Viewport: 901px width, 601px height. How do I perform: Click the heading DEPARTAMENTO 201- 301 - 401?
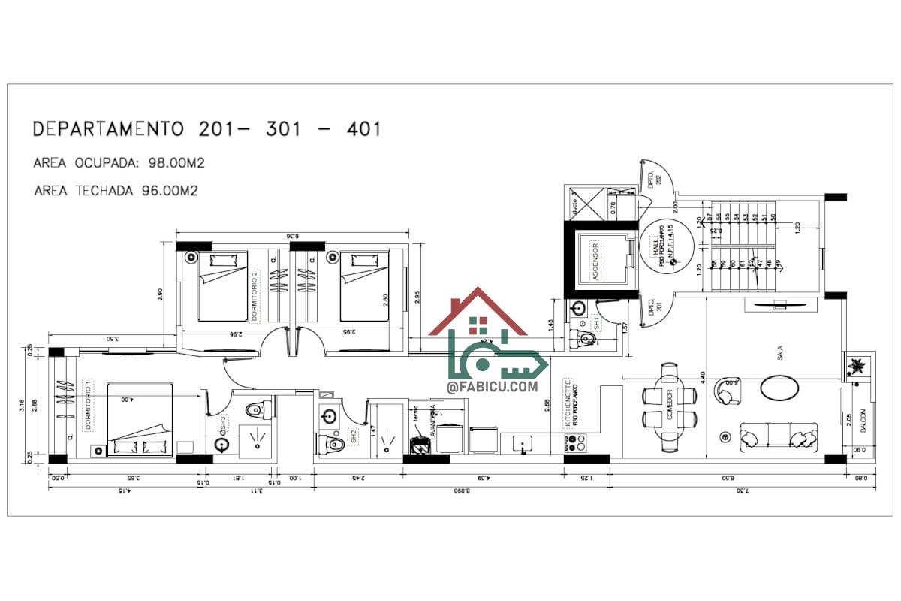click(x=206, y=129)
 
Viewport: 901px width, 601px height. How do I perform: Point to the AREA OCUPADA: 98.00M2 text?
click(x=119, y=163)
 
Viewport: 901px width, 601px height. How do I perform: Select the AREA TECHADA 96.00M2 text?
click(x=116, y=190)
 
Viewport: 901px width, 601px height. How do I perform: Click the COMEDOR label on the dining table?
click(x=669, y=412)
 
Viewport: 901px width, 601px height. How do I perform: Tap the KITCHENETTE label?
click(x=568, y=402)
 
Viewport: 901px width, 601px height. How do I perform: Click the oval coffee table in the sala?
click(x=779, y=388)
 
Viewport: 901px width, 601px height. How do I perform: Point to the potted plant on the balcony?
click(x=857, y=367)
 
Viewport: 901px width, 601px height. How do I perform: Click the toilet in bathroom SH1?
click(x=588, y=340)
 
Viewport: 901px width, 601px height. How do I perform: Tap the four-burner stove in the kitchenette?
click(x=579, y=445)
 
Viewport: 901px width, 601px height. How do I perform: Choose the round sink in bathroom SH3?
click(x=222, y=444)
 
